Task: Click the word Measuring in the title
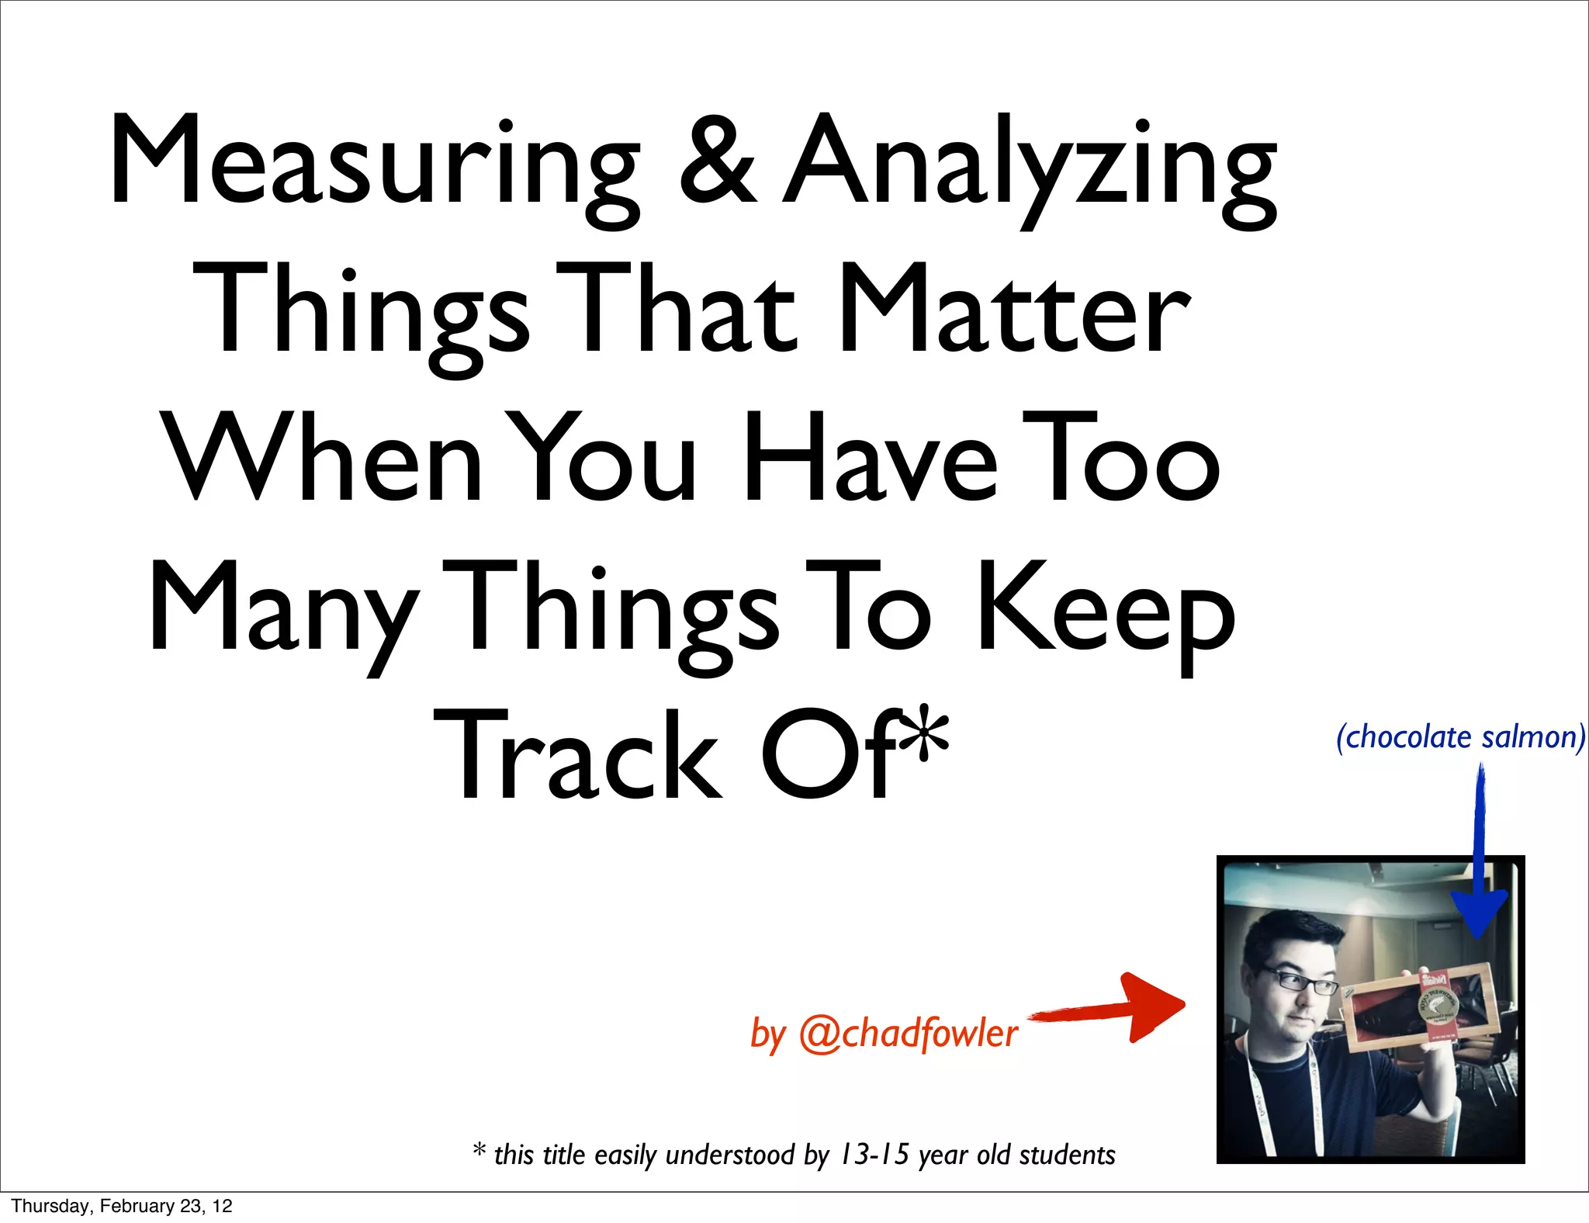372,163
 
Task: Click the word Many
283,609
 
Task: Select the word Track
578,757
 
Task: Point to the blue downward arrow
1479,861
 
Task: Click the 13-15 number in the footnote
874,1155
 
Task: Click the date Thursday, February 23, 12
122,1206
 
